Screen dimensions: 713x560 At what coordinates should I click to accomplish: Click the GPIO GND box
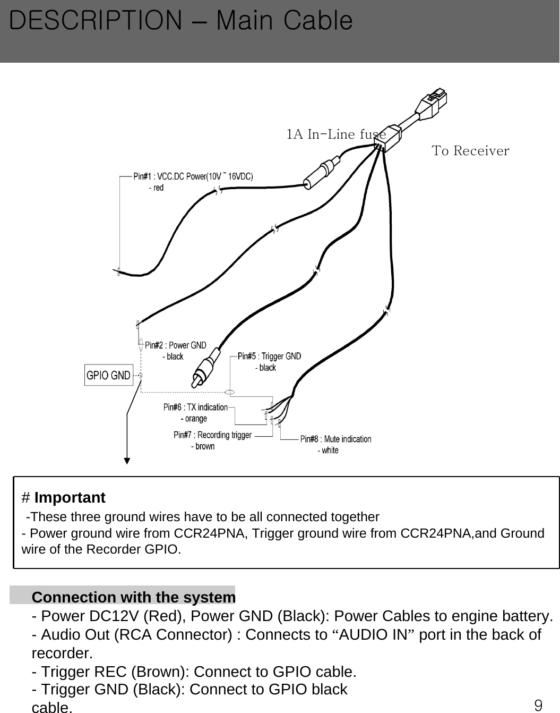108,375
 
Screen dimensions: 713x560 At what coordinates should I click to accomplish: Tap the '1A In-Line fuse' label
336,134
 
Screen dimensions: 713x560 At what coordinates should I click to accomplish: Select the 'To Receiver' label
470,151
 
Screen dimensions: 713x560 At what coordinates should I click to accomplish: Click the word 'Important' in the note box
70,498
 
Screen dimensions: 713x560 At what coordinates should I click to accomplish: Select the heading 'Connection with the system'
134,597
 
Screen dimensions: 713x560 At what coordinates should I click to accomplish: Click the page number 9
538,705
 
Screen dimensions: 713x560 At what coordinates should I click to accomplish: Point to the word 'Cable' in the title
318,21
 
